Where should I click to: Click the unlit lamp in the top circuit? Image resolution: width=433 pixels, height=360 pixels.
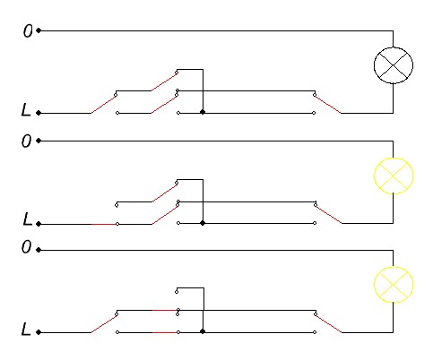394,65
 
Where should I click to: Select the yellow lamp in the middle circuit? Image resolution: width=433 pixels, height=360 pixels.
394,176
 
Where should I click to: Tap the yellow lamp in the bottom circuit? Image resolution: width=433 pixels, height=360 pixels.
394,285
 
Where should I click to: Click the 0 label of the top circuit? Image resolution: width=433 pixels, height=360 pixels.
28,30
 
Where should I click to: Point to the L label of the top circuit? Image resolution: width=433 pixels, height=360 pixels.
26,109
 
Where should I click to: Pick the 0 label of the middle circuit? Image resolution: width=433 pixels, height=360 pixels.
26,141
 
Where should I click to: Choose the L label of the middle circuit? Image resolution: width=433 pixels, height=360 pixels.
27,219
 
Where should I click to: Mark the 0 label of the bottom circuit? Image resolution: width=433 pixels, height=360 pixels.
26,247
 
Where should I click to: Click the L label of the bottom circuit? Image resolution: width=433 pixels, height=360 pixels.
26,329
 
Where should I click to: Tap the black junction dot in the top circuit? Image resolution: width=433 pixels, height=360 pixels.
203,112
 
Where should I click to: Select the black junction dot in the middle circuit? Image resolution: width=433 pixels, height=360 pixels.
203,223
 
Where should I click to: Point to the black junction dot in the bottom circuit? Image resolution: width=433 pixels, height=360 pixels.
203,331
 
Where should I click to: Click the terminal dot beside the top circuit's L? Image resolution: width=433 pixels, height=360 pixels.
39,113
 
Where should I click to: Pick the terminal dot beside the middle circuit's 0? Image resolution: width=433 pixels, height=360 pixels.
39,141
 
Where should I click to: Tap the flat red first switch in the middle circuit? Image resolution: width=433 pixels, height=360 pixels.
103,224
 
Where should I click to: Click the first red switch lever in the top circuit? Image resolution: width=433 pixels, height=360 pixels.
103,105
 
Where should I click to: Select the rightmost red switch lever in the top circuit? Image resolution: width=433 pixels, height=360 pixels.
327,105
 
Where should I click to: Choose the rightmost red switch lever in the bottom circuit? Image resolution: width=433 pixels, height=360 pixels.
328,323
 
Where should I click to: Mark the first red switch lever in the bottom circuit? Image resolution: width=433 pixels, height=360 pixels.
103,323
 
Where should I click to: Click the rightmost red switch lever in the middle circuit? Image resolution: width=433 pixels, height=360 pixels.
328,215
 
